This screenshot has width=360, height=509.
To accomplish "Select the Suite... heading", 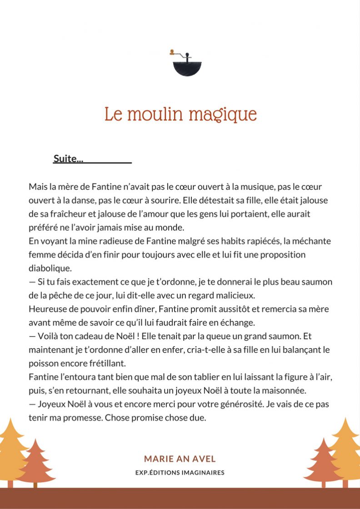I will pyautogui.click(x=68, y=159).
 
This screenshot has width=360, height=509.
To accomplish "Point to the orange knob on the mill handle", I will pyautogui.click(x=171, y=52).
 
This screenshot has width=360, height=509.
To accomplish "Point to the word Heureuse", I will pyautogui.click(x=46, y=309).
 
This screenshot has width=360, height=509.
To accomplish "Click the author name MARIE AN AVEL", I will pyautogui.click(x=180, y=459).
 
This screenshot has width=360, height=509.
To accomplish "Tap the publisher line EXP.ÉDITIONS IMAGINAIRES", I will pyautogui.click(x=180, y=473).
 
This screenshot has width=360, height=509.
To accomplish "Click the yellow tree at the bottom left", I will pyautogui.click(x=10, y=450).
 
